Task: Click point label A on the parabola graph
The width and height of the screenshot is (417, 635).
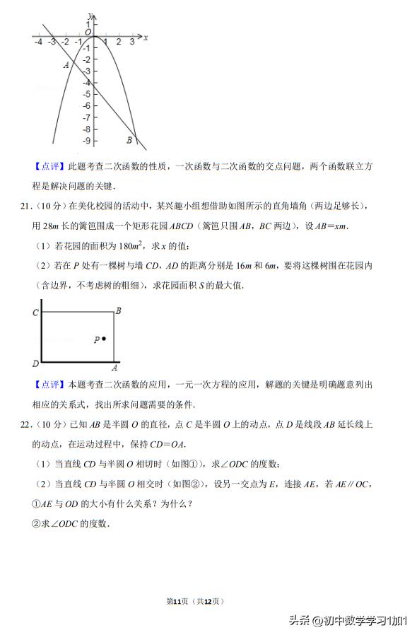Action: click(x=66, y=65)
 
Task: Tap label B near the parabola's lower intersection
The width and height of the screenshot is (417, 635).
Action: click(x=129, y=139)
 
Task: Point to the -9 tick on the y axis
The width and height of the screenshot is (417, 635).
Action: click(x=86, y=141)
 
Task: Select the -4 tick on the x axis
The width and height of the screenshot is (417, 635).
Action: click(x=37, y=42)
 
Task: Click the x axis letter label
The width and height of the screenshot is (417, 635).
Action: click(x=146, y=37)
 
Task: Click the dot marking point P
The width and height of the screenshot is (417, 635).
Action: click(x=104, y=339)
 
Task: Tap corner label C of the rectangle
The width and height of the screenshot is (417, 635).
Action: click(x=35, y=312)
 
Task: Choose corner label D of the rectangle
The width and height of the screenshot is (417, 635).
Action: click(x=35, y=363)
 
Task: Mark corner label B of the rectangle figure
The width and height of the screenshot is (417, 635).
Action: click(x=118, y=310)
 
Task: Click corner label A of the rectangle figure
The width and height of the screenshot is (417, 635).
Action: click(x=114, y=368)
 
